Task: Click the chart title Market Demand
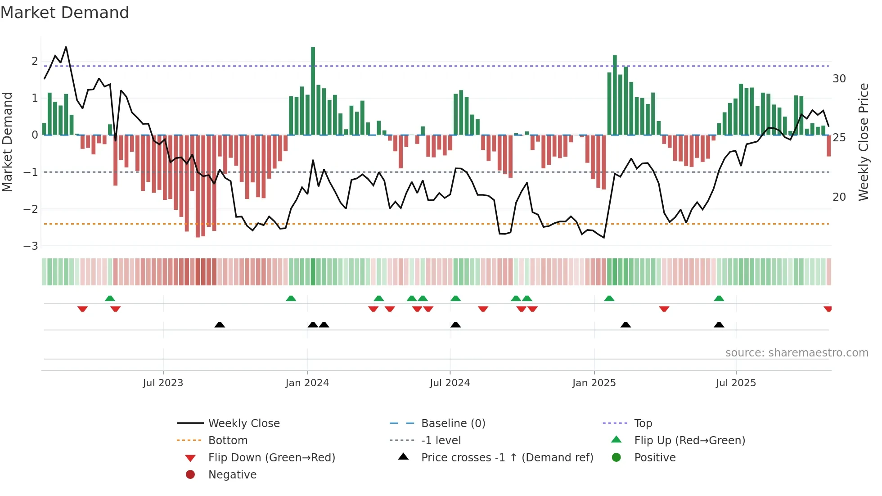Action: click(x=65, y=13)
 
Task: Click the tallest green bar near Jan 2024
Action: click(x=313, y=90)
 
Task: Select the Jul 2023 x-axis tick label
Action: click(x=163, y=383)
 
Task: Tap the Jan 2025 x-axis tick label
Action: click(x=594, y=383)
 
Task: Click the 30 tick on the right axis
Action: click(x=839, y=79)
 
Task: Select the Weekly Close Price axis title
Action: click(x=863, y=142)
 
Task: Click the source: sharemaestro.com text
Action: click(x=796, y=353)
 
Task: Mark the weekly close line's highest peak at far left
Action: click(x=66, y=47)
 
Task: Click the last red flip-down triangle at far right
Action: click(x=828, y=309)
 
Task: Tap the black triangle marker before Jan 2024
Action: click(x=220, y=325)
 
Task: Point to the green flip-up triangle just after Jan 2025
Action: click(x=609, y=298)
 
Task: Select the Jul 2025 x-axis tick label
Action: click(x=736, y=383)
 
